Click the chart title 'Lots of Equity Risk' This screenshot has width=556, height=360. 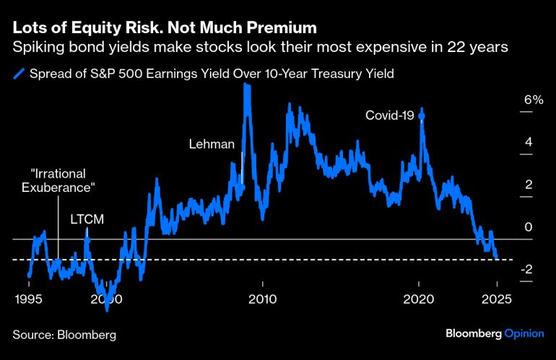click(x=165, y=28)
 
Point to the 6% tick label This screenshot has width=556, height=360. click(x=533, y=100)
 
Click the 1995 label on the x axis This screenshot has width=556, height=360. click(x=29, y=299)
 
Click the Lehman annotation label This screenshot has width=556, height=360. click(x=212, y=144)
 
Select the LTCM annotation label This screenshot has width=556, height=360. click(x=86, y=218)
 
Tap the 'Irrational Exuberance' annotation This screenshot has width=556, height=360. click(x=58, y=180)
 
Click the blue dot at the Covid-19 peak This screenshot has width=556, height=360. click(x=422, y=116)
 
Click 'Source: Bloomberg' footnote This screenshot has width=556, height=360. click(x=64, y=335)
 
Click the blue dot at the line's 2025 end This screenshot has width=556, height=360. click(x=497, y=256)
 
